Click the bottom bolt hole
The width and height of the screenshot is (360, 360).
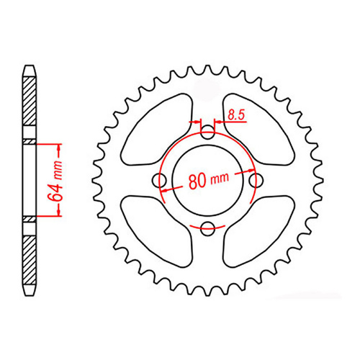208,229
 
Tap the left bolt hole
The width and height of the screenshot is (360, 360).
159,181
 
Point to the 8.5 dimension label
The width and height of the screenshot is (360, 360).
236,114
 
